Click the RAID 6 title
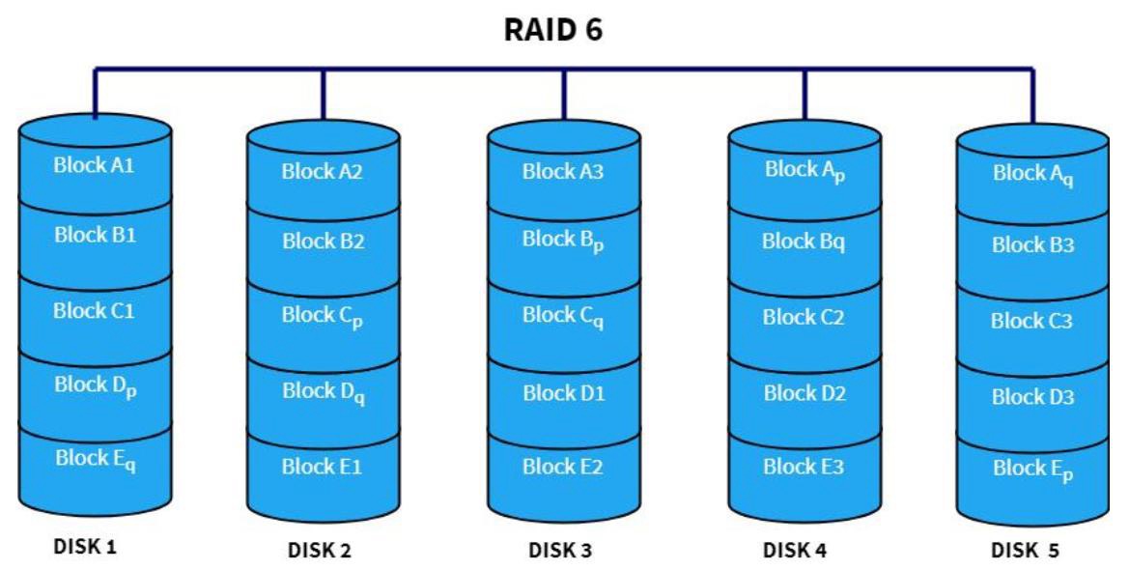(x=553, y=29)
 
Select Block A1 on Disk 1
(x=95, y=165)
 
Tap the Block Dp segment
(x=95, y=385)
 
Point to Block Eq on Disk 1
(x=95, y=459)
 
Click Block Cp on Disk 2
(x=323, y=317)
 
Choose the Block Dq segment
(x=323, y=392)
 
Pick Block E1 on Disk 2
(x=323, y=467)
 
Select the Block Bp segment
(x=563, y=242)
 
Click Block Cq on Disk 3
(x=563, y=317)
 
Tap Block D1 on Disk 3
(x=563, y=392)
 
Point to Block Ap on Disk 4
(x=804, y=170)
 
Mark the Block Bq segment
(x=804, y=242)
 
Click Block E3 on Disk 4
(x=804, y=467)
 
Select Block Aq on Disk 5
(x=1032, y=175)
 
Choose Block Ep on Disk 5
(x=1032, y=470)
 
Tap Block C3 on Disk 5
(x=1032, y=322)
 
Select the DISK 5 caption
(x=1025, y=551)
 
